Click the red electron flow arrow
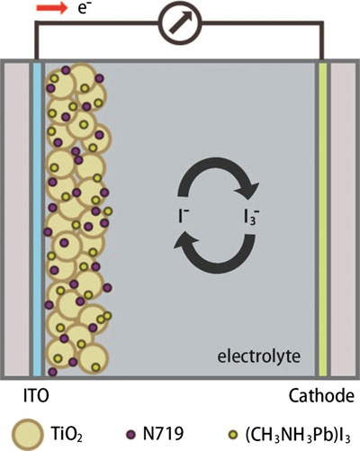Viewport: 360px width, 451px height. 52,8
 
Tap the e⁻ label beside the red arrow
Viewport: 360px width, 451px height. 84,8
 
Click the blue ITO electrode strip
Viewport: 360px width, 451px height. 37,219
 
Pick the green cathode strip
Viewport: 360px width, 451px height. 322,219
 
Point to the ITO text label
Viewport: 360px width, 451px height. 36,396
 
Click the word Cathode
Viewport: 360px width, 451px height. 321,396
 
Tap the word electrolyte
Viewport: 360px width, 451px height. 258,356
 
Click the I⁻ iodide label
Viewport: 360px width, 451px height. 183,216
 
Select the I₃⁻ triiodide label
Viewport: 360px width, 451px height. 251,217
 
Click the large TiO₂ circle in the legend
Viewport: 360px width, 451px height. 26,435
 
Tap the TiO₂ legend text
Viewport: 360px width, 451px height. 67,434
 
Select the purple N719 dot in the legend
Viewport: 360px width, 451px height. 130,434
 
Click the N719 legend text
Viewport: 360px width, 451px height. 163,433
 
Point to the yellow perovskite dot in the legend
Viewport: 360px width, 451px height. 233,434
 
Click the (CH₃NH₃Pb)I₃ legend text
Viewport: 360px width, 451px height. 298,435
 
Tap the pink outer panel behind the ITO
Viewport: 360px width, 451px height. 16,219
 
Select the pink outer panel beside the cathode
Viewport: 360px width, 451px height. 343,219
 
